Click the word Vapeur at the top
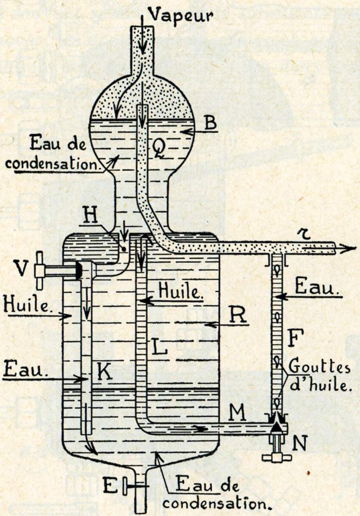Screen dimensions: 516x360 [180, 14]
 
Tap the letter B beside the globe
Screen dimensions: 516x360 [210, 124]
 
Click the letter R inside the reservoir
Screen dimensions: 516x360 [238, 315]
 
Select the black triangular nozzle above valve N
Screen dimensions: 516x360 [276, 427]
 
